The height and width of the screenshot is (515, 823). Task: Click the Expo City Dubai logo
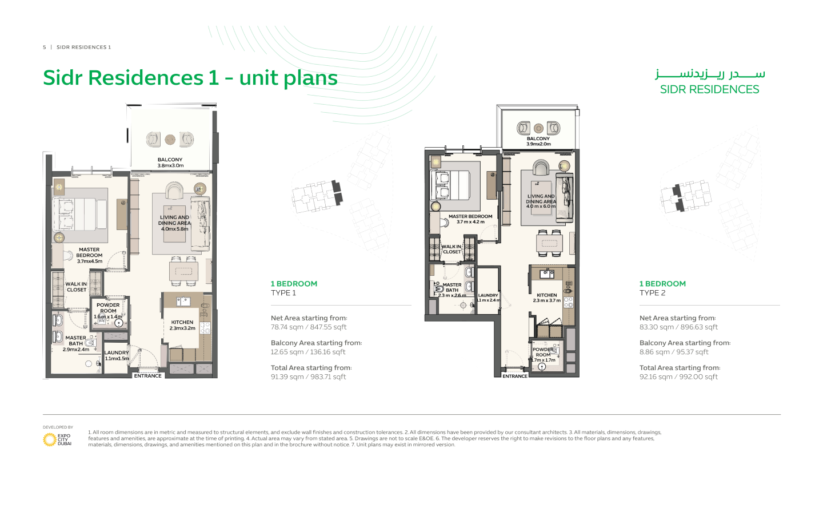click(57, 439)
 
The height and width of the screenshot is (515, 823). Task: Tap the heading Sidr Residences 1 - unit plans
click(190, 78)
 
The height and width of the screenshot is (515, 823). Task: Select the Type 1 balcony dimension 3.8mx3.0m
click(170, 166)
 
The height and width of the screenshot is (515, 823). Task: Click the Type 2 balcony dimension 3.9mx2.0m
click(538, 144)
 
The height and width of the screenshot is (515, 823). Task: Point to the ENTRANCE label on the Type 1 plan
click(147, 376)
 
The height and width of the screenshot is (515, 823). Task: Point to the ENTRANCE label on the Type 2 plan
click(515, 376)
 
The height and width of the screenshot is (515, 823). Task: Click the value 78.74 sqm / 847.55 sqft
click(309, 327)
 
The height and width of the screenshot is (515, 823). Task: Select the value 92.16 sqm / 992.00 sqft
click(678, 377)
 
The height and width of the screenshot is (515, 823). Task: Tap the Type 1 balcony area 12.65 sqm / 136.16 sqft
click(308, 352)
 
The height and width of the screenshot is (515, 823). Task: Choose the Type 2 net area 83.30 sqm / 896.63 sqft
click(678, 327)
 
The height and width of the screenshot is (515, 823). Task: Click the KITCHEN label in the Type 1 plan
click(182, 322)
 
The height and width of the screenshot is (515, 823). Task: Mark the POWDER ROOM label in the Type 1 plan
click(108, 308)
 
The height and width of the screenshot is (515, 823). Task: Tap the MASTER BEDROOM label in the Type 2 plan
click(470, 216)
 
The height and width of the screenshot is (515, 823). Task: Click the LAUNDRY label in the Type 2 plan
click(488, 295)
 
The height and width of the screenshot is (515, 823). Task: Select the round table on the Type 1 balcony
click(170, 140)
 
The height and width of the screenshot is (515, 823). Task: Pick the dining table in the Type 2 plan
click(549, 243)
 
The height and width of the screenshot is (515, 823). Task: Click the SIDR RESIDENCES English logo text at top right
click(709, 89)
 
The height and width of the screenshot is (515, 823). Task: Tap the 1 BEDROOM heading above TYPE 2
click(662, 284)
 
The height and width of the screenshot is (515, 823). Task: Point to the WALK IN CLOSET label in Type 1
click(76, 287)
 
